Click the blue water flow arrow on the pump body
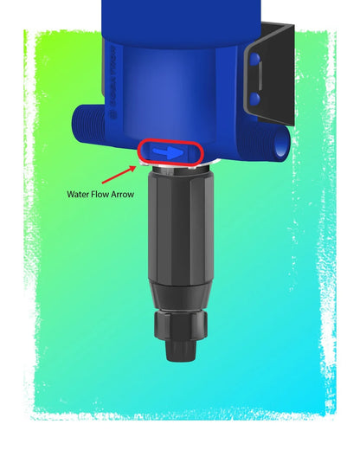(169, 152)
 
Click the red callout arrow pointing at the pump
(119, 174)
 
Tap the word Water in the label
(77, 194)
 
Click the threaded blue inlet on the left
(88, 124)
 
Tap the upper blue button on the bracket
(255, 60)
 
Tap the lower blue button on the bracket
(255, 99)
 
